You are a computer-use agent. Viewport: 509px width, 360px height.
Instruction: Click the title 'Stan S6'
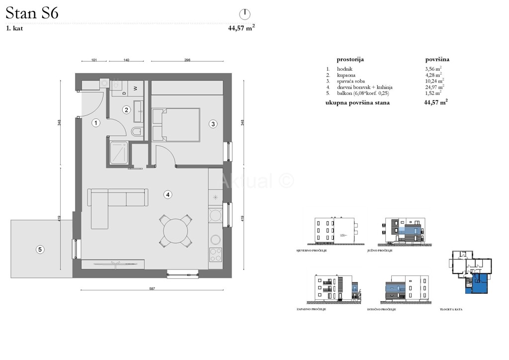coord(32,13)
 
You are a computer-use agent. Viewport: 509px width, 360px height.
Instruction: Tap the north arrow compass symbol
coord(245,13)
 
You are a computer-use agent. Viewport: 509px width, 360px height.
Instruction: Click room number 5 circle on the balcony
coord(40,250)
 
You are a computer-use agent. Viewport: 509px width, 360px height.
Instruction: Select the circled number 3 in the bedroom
coord(213,124)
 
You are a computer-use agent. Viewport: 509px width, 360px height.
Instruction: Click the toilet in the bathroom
coord(138,131)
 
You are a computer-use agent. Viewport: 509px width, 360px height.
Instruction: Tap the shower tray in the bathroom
coord(118,153)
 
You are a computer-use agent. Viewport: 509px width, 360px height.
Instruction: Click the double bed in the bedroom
coord(176,125)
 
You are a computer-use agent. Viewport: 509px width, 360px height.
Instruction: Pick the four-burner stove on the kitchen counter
coord(216,255)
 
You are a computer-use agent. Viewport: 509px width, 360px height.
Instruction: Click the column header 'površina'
coord(434,59)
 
